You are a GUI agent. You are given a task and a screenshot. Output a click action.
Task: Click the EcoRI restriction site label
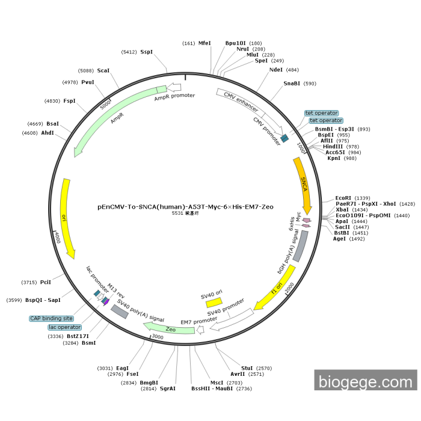pos(343,198)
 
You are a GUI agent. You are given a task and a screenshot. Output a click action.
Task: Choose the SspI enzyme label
pos(146,52)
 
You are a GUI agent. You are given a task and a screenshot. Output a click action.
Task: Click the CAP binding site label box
pos(51,318)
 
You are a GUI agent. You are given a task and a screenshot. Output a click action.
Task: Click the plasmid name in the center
pos(185,206)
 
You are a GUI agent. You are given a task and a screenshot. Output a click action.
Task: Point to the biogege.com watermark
pos(365,381)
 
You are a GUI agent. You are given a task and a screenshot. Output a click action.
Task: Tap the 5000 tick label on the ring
pos(106,103)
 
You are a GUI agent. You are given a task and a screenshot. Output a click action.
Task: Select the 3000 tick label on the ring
pos(158,337)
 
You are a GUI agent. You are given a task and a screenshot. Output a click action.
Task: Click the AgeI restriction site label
pos(340,239)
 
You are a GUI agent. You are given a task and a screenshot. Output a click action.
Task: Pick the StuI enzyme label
pos(247,367)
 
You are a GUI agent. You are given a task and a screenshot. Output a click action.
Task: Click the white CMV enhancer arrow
pos(241,100)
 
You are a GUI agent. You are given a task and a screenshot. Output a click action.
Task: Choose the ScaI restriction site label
pos(103,70)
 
